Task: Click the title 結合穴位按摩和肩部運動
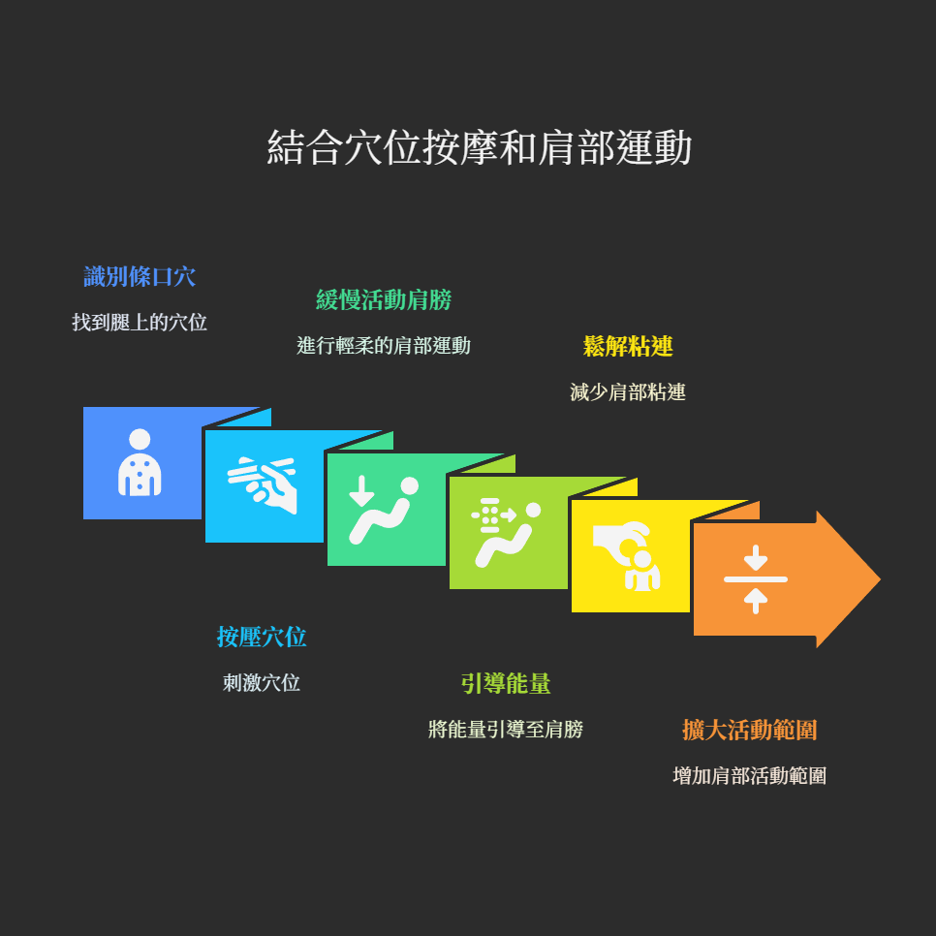click(x=479, y=148)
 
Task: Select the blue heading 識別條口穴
click(x=140, y=277)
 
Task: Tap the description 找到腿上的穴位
click(x=140, y=323)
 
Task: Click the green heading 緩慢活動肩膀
click(x=384, y=300)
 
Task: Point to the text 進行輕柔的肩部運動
click(x=384, y=346)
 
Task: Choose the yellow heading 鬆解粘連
click(x=628, y=347)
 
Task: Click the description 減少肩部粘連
click(x=628, y=392)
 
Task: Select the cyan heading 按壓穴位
click(x=262, y=638)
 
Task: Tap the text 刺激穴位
click(x=262, y=683)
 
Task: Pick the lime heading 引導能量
click(x=506, y=684)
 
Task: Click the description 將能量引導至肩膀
click(x=506, y=730)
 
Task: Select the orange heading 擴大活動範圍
click(x=750, y=731)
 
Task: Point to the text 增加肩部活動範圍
click(x=750, y=776)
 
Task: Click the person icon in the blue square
click(x=140, y=463)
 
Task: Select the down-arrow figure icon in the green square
click(x=384, y=510)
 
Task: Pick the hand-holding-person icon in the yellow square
click(x=628, y=556)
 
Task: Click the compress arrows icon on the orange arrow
click(x=756, y=579)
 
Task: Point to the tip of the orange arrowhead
click(x=878, y=579)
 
